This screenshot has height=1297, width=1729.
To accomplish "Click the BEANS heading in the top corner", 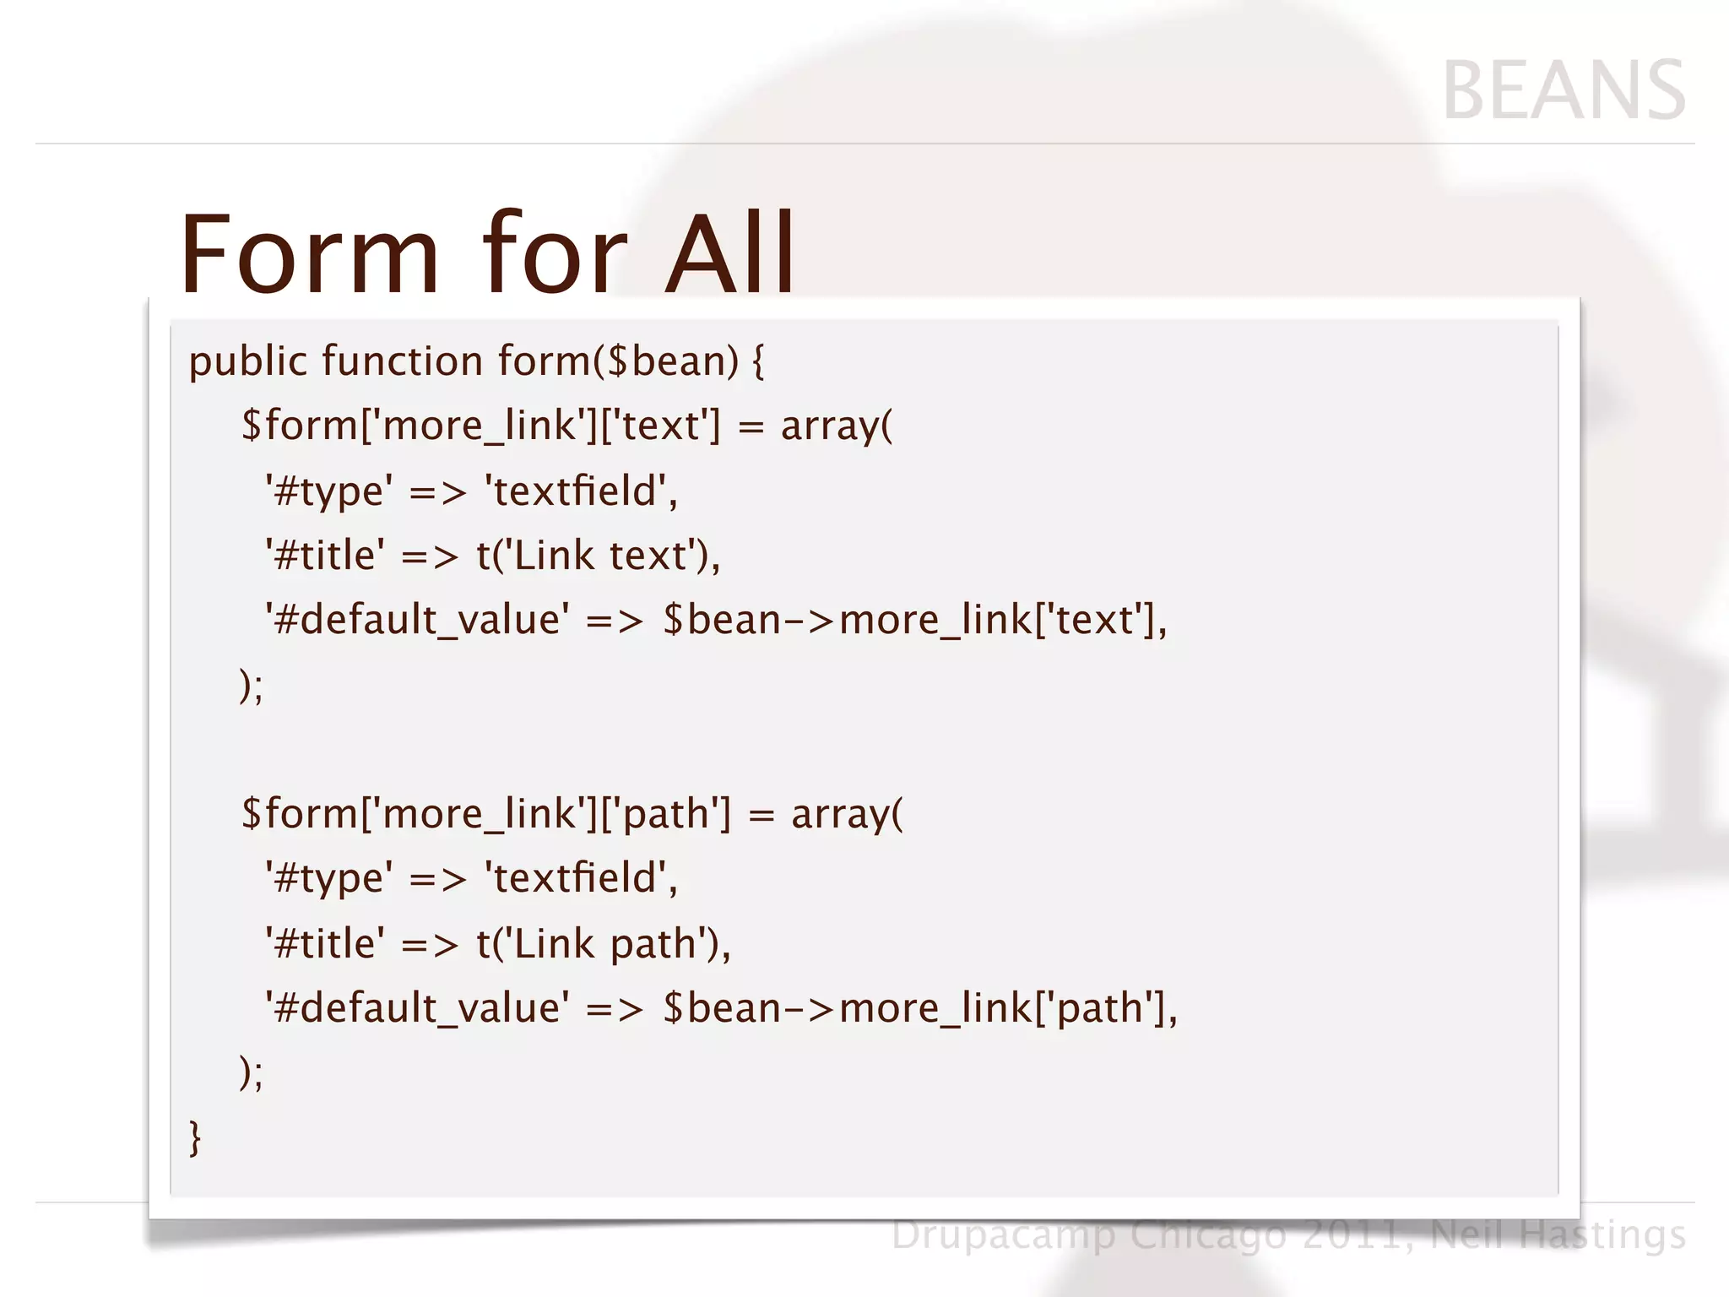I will [1564, 90].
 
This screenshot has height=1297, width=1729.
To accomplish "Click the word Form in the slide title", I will [310, 253].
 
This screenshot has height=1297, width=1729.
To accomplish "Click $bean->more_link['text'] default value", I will [913, 620].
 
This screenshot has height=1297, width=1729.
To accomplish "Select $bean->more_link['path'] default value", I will [919, 1008].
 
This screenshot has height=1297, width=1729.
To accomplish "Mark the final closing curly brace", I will [195, 1138].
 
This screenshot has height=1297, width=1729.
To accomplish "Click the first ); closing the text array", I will [252, 685].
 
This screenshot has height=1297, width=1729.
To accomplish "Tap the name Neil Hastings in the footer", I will [1558, 1235].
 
